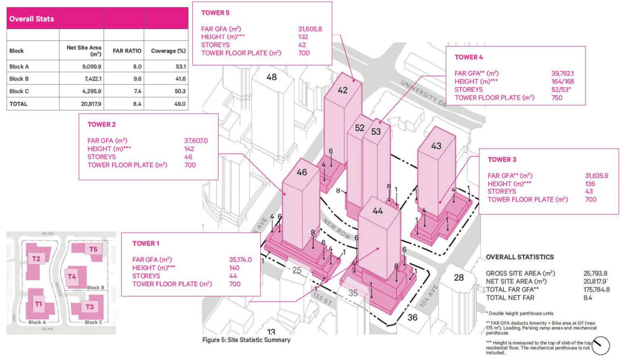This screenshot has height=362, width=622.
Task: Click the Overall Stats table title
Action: point(31,19)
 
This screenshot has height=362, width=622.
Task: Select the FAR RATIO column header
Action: point(123,50)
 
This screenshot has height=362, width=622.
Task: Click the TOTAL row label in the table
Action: point(18,104)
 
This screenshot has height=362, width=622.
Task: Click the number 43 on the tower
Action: point(436,146)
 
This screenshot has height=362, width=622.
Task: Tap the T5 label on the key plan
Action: point(94,249)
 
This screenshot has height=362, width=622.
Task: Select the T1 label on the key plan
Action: point(39,303)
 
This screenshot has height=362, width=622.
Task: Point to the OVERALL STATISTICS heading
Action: point(520,257)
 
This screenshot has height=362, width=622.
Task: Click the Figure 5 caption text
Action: point(246,340)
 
